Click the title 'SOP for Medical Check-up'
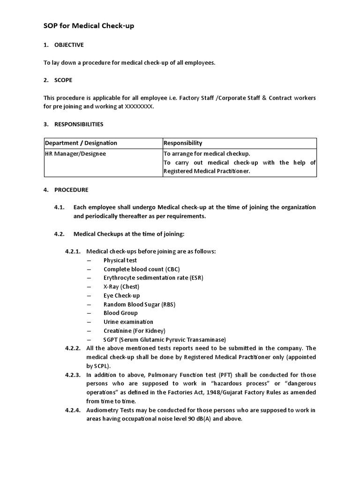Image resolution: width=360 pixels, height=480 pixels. pos(89,26)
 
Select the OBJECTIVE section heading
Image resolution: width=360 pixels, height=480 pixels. pos(69,45)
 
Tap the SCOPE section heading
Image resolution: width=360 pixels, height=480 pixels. pos(63,80)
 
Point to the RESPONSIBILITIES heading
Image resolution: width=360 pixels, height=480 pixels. pos(79,124)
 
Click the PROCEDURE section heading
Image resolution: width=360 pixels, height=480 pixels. pos(71,190)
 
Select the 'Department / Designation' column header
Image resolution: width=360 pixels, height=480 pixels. pos(81,143)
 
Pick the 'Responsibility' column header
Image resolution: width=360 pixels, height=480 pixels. pos(183,143)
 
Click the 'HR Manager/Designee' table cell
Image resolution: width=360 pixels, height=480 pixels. pos(75,153)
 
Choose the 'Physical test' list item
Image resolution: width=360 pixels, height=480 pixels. pos(120,260)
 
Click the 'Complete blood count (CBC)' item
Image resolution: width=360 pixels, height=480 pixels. pos(142,269)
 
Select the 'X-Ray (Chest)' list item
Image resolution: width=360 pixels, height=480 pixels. pos(121,286)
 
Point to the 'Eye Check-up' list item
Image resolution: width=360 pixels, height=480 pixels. pos(121,295)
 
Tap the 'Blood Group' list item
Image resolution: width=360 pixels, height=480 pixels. pos(120,313)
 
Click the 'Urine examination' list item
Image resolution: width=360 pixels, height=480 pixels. pos(128,322)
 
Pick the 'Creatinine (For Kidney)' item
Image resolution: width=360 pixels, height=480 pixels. pos(135,330)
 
